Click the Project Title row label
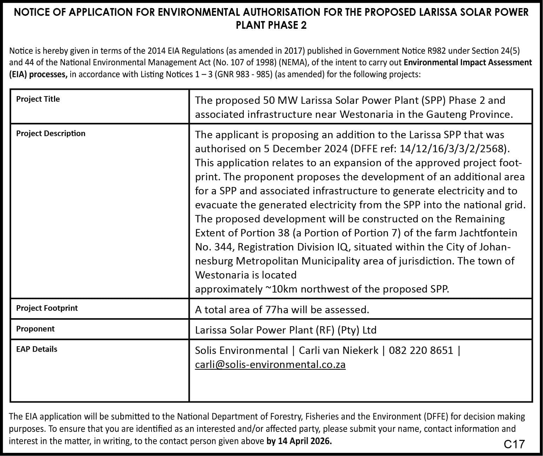coord(38,99)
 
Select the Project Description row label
coord(51,134)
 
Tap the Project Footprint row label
coord(47,308)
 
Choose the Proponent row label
coord(35,329)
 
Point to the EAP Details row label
coord(36,349)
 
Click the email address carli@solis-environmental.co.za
coord(270,365)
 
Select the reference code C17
coord(514,444)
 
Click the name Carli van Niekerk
coord(338,350)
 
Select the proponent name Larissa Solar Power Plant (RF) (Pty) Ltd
coord(286,330)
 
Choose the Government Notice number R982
coord(437,51)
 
